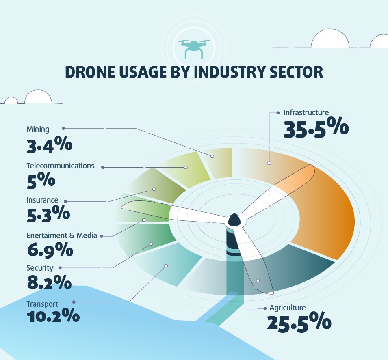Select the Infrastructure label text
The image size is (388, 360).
pyautogui.click(x=306, y=112)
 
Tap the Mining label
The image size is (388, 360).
pyautogui.click(x=38, y=129)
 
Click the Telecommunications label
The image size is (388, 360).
pyautogui.click(x=60, y=166)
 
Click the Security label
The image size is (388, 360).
pyautogui.click(x=40, y=268)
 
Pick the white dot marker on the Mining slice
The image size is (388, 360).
pyautogui.click(x=212, y=156)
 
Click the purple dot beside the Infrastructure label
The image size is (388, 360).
pyautogui.click(x=278, y=113)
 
